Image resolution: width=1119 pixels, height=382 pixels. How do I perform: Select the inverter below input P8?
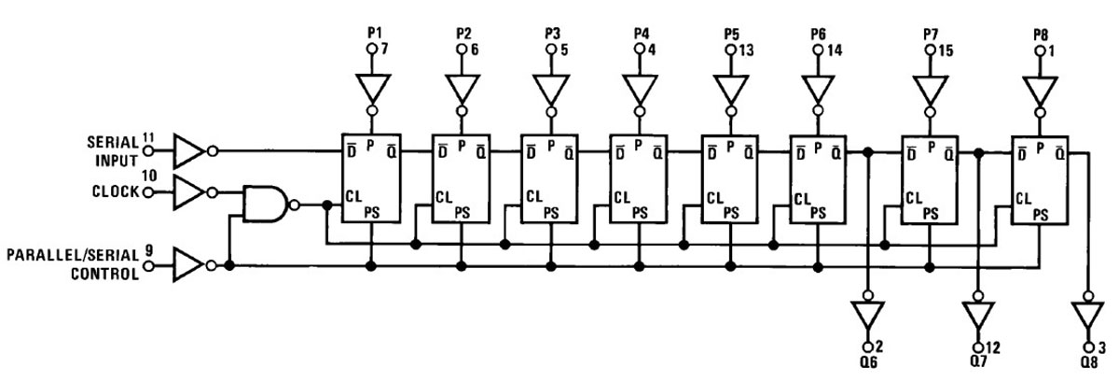click(x=1042, y=92)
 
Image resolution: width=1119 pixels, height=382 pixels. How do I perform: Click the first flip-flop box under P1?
click(x=371, y=177)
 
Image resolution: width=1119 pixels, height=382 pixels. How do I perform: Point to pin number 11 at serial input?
click(x=148, y=138)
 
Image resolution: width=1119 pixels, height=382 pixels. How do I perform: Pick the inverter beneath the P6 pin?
click(x=818, y=92)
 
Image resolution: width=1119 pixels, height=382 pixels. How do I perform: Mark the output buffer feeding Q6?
click(x=867, y=315)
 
